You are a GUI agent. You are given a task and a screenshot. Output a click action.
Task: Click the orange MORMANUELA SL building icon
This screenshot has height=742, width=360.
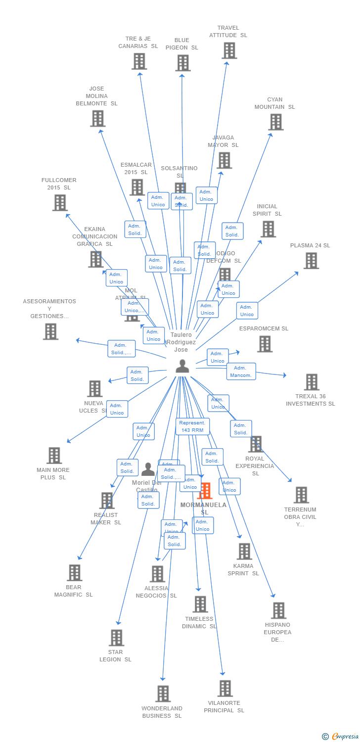(x=205, y=490)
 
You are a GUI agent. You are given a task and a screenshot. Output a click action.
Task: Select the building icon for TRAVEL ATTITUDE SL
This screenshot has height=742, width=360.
(x=229, y=50)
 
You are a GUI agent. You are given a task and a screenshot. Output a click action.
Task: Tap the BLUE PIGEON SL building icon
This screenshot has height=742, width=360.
(x=183, y=63)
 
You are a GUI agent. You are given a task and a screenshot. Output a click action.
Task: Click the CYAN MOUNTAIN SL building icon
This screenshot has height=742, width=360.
(x=275, y=122)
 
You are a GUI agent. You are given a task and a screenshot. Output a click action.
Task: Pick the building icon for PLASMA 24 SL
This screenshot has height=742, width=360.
(x=311, y=260)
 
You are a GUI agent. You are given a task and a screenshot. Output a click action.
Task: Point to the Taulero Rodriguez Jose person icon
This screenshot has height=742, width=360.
(x=182, y=366)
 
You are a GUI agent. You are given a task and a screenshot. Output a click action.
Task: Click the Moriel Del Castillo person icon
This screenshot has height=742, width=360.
(x=148, y=469)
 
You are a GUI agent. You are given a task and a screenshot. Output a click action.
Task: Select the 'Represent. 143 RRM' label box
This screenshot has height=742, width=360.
(x=192, y=426)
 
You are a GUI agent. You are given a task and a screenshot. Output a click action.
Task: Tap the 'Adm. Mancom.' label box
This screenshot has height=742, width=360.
(x=241, y=371)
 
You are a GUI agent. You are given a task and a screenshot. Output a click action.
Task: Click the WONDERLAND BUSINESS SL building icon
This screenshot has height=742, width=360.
(x=163, y=694)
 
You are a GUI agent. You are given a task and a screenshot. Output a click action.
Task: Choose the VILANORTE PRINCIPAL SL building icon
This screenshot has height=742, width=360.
(x=225, y=688)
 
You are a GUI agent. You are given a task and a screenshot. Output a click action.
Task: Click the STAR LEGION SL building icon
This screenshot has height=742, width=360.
(x=116, y=638)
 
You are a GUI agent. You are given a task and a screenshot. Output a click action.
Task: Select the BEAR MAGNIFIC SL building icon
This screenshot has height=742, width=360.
(x=74, y=572)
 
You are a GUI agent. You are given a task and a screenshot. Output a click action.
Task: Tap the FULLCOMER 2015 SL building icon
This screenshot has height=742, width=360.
(x=60, y=202)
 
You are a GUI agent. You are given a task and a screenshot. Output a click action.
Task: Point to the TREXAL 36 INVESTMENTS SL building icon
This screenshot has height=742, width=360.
(x=312, y=382)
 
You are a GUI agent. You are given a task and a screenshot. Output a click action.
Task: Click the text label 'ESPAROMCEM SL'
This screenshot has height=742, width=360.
(x=264, y=328)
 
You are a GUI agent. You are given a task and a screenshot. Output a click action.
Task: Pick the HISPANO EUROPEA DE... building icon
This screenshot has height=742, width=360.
(x=278, y=610)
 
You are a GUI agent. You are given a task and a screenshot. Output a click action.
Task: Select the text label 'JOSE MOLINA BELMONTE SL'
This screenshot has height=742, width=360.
(x=96, y=96)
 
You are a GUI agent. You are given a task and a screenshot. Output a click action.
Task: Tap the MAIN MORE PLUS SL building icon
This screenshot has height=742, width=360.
(x=54, y=455)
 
